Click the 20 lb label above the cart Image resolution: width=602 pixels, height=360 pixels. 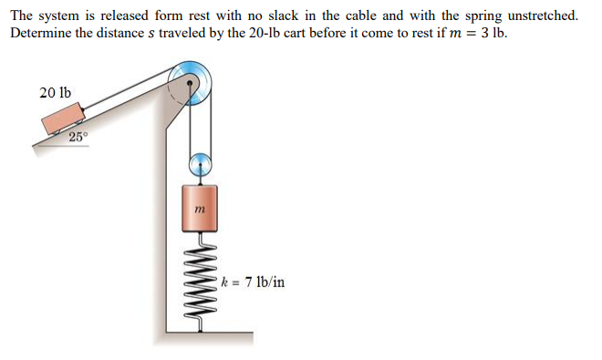(56, 92)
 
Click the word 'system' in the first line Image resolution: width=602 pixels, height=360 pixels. (61, 16)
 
